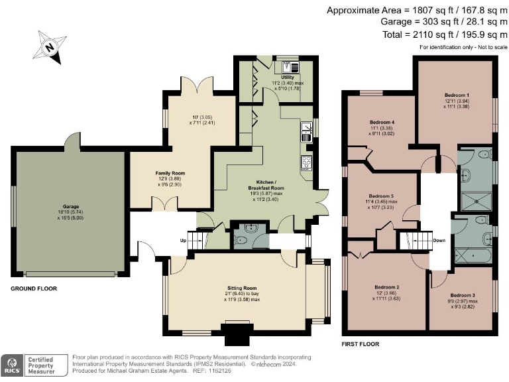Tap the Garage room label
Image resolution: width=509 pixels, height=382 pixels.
[70, 206]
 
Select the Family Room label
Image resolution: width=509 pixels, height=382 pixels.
[170, 173]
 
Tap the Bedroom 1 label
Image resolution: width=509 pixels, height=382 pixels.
[455, 95]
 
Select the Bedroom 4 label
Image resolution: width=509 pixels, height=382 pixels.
[382, 123]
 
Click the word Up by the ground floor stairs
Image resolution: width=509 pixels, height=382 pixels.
[184, 240]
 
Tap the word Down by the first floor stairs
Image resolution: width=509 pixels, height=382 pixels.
[439, 240]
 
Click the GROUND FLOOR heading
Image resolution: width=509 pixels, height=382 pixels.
[34, 288]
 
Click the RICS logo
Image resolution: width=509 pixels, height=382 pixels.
[12, 364]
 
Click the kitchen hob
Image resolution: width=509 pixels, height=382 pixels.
[306, 163]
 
